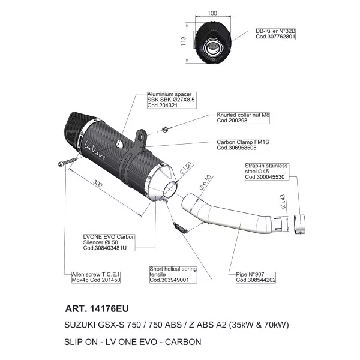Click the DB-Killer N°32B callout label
[x=275, y=34]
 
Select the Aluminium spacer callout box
[x=172, y=100]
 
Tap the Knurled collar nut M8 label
[x=243, y=118]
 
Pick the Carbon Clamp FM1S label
[x=243, y=145]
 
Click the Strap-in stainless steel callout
[x=267, y=172]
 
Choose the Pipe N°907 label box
[x=256, y=277]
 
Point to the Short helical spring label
[x=173, y=275]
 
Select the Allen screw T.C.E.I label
[x=96, y=277]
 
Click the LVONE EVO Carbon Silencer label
[x=109, y=242]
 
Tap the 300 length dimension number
[x=98, y=183]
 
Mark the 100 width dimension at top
[x=212, y=13]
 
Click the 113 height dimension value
[x=184, y=41]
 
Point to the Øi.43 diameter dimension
[x=283, y=202]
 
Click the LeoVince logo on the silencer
[x=95, y=150]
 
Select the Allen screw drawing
[x=67, y=162]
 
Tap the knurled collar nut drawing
[x=164, y=129]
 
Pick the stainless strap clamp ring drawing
[x=300, y=224]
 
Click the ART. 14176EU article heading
[x=97, y=308]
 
